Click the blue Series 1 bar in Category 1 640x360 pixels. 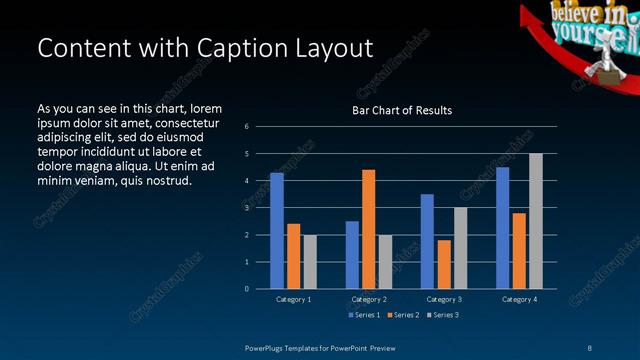pos(277,231)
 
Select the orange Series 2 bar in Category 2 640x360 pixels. pos(368,229)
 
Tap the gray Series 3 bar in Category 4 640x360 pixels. pos(535,221)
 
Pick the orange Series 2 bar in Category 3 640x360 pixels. pos(443,264)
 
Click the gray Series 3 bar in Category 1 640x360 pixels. pos(309,262)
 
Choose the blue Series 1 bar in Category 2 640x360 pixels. pos(352,255)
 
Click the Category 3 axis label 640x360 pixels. pos(443,299)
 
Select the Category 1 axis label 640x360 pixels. pos(293,299)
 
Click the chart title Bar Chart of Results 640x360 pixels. pos(402,110)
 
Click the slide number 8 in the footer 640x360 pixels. pos(589,347)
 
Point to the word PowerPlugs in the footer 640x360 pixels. pos(268,347)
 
